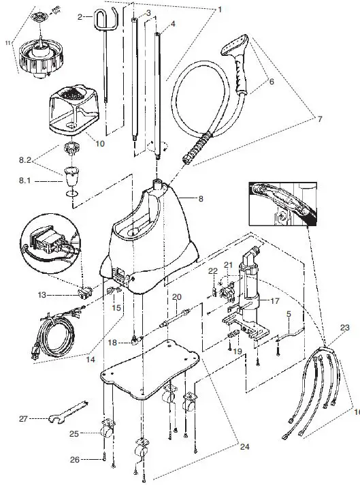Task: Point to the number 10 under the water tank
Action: (x=100, y=144)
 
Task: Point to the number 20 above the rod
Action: (x=177, y=297)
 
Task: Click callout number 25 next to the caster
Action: (x=74, y=433)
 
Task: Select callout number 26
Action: (x=74, y=460)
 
